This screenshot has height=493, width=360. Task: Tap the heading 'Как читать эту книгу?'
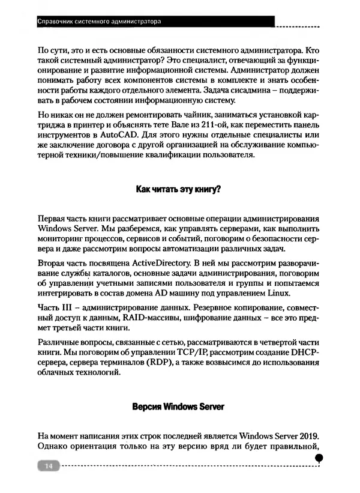(x=179, y=189)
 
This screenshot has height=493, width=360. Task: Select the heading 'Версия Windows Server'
(x=179, y=407)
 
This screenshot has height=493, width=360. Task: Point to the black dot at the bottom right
(x=320, y=458)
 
